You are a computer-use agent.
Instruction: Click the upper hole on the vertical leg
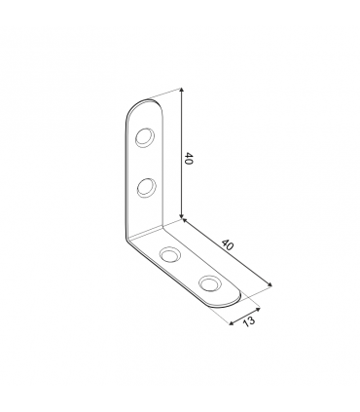145,137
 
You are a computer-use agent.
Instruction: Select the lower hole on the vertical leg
146,187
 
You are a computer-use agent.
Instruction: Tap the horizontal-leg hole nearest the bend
170,254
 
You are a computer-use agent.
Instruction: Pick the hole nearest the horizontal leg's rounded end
210,282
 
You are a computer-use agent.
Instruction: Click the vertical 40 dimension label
189,158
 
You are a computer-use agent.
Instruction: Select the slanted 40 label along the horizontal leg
228,244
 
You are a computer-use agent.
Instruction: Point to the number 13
249,321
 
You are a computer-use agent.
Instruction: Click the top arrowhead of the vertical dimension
182,91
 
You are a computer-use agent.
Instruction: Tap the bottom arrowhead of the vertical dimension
182,215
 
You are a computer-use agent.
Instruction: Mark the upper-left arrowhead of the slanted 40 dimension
185,221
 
